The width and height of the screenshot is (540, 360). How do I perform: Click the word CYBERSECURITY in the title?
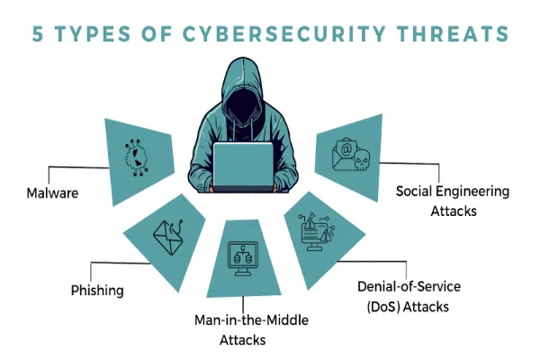283,34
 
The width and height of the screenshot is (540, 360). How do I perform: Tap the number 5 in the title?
38,34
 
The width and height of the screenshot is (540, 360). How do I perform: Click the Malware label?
52,193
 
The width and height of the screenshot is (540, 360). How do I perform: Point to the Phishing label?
97,291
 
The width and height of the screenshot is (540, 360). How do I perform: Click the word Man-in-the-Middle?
251,320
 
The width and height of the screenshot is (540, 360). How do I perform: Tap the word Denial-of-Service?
409,286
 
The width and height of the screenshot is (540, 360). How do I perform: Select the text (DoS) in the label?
383,307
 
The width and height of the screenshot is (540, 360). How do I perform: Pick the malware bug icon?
136,157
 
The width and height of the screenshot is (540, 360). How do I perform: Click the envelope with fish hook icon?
167,237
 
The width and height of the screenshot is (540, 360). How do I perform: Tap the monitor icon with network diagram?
243,258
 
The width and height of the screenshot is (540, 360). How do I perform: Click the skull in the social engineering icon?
362,160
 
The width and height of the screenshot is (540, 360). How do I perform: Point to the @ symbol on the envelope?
346,149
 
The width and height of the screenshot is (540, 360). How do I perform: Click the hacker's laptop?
243,167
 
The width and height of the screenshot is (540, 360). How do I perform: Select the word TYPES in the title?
93,34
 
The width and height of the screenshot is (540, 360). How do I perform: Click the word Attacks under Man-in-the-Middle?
243,340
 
